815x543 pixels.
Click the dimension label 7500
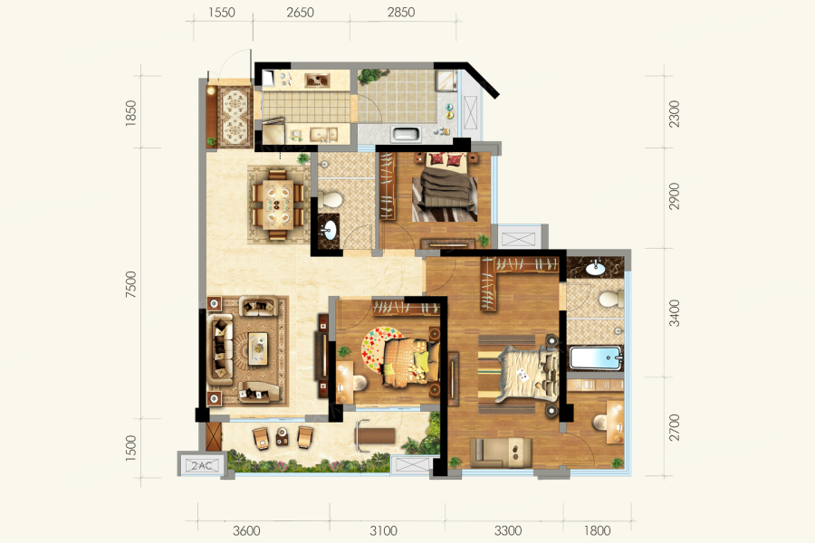point(130,284)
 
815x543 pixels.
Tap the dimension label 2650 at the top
point(300,12)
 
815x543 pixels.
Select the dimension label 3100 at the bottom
point(384,530)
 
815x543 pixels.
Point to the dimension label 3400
point(674,313)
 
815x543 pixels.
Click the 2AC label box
point(202,465)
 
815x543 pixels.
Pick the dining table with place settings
point(278,205)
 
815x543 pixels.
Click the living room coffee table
point(258,348)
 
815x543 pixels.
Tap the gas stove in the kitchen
point(317,80)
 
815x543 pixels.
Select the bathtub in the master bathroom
point(596,358)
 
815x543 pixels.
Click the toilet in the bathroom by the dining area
point(331,199)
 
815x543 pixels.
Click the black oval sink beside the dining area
point(329,229)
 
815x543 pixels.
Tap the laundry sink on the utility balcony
point(407,135)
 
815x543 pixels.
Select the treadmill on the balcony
point(375,435)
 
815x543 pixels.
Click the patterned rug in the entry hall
point(235,117)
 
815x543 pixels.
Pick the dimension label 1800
point(597,530)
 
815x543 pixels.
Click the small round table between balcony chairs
point(282,436)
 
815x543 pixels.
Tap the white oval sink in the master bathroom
point(595,269)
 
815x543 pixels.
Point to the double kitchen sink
point(323,135)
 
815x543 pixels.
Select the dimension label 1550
point(222,12)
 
